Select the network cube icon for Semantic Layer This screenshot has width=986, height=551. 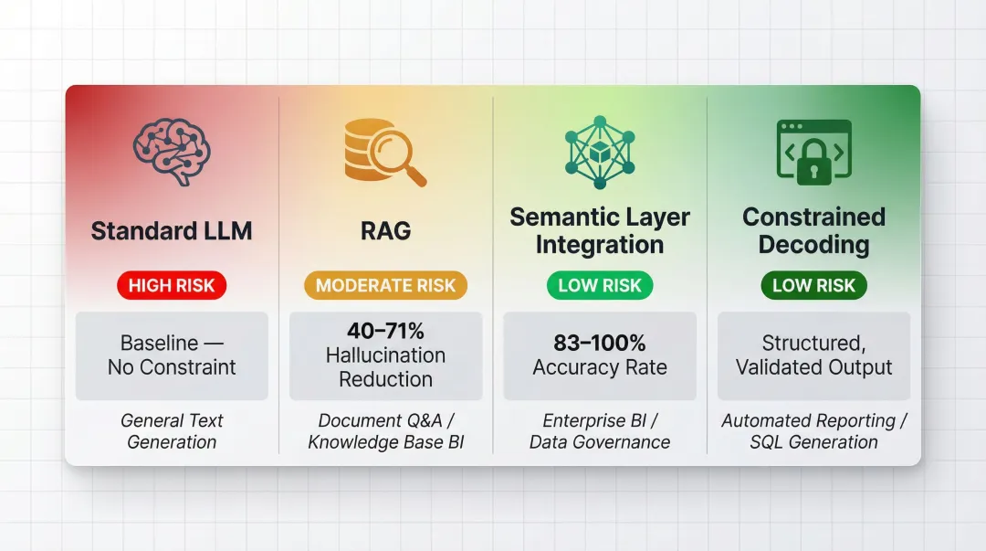click(x=599, y=151)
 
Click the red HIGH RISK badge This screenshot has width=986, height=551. click(x=172, y=285)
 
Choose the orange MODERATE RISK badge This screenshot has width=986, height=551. click(x=385, y=285)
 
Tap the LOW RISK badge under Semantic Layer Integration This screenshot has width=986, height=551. click(x=600, y=285)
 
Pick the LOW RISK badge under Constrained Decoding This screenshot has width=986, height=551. click(x=813, y=285)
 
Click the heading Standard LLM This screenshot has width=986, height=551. click(x=172, y=231)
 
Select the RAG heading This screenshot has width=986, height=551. click(x=385, y=231)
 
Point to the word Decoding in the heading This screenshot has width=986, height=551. click(x=813, y=245)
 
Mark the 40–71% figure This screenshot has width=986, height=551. click(x=385, y=331)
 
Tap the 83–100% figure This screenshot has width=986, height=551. click(x=600, y=343)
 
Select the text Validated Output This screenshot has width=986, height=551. click(x=813, y=367)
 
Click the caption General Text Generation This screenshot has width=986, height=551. click(x=172, y=431)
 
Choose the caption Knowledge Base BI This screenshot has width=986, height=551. click(x=385, y=442)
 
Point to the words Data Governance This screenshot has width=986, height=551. click(x=600, y=442)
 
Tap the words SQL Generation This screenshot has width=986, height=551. click(x=813, y=442)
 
